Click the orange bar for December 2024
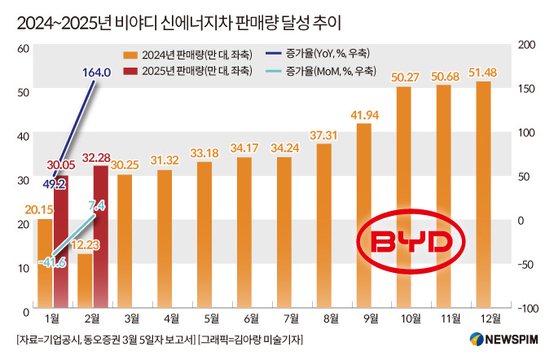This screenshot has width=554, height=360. pos(483,195)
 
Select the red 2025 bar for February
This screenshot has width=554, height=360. pos(100,236)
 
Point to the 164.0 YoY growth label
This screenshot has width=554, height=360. pos(96,72)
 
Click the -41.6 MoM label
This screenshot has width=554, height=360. pos(51,263)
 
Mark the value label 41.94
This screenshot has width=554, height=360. pos(364,114)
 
